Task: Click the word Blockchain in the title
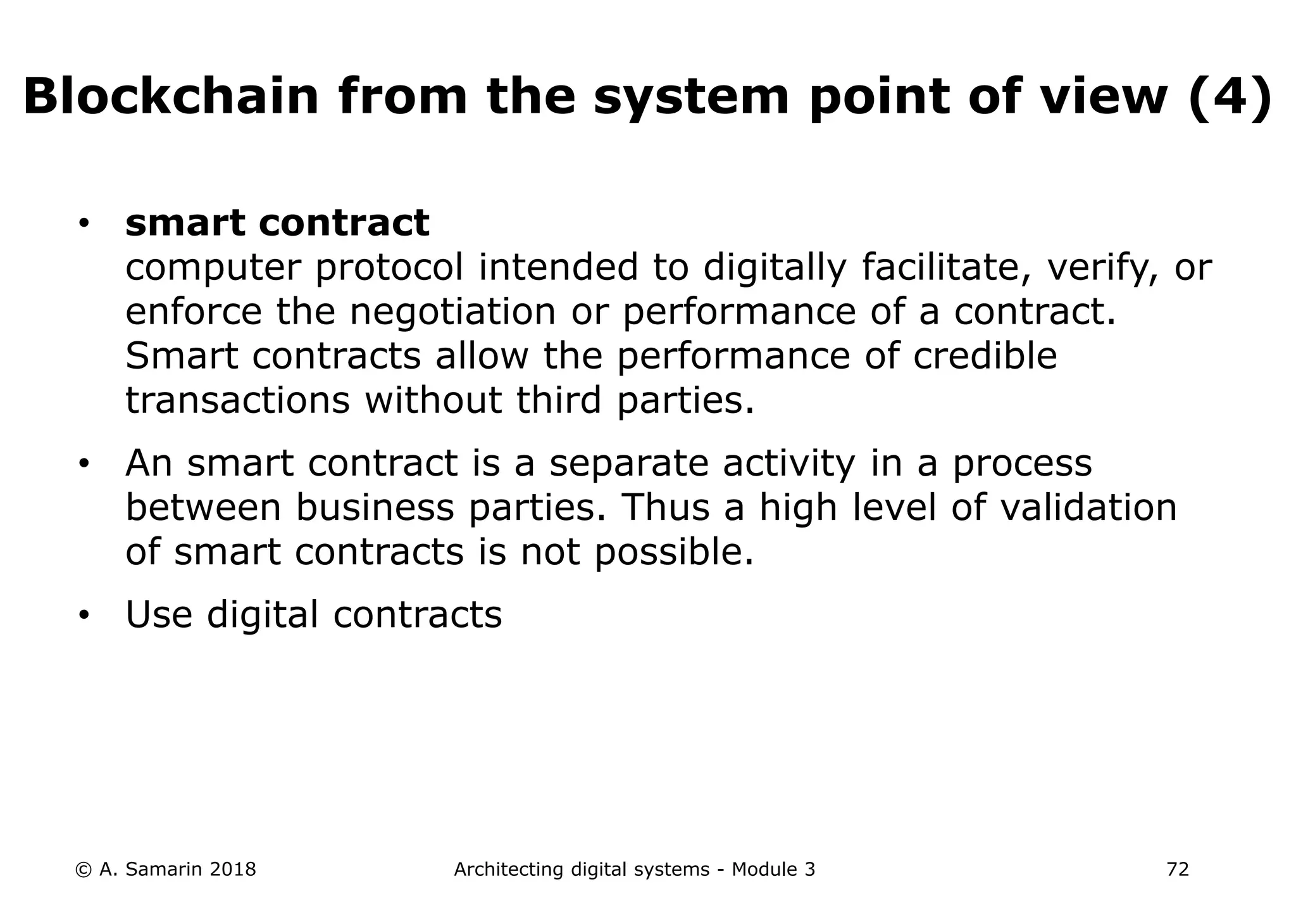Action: tap(171, 97)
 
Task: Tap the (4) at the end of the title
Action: tap(1230, 97)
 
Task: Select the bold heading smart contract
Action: tap(277, 223)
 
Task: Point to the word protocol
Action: tap(389, 267)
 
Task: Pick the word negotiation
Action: tap(452, 312)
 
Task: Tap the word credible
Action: tap(985, 356)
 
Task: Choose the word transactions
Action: tap(237, 400)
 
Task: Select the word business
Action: tap(375, 507)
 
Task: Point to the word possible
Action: tap(674, 552)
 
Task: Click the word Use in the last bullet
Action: tap(159, 614)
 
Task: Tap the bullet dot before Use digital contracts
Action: tap(84, 616)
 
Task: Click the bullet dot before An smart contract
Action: tap(84, 464)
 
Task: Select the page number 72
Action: tap(1178, 870)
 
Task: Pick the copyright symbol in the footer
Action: tap(82, 870)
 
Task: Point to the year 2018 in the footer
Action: tap(232, 870)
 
